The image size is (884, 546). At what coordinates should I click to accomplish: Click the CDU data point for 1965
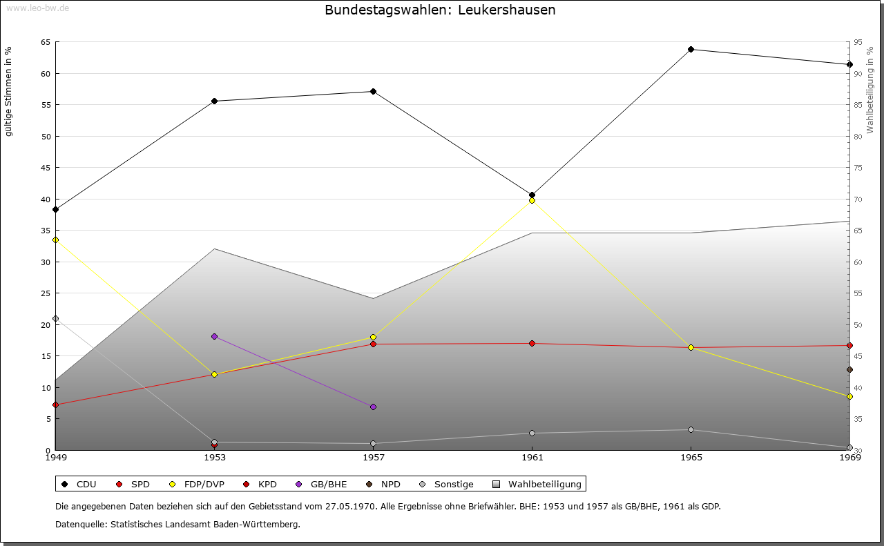[x=691, y=49]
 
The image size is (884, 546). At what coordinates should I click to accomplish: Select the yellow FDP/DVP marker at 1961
[x=532, y=200]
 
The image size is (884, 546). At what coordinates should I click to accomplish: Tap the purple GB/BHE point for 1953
[x=214, y=336]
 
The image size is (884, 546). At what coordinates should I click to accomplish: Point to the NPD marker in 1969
[x=849, y=369]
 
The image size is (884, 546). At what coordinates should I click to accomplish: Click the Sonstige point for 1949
[x=55, y=318]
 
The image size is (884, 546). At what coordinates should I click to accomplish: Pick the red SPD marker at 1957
[x=373, y=344]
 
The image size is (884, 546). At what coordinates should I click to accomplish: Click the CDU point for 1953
[x=214, y=101]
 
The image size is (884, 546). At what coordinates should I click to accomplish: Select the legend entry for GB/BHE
[x=325, y=484]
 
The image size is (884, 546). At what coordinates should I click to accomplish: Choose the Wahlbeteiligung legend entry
[x=539, y=484]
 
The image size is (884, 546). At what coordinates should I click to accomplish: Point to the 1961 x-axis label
[x=532, y=457]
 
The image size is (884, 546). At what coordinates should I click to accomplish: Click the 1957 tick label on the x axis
[x=373, y=457]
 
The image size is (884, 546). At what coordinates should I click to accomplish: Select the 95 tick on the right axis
[x=858, y=42]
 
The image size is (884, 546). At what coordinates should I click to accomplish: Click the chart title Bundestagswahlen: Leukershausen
[x=440, y=10]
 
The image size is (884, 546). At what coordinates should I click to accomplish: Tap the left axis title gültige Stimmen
[x=8, y=91]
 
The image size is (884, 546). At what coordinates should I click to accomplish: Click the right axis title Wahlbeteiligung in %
[x=870, y=90]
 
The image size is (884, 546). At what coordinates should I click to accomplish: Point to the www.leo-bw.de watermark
[x=37, y=8]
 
